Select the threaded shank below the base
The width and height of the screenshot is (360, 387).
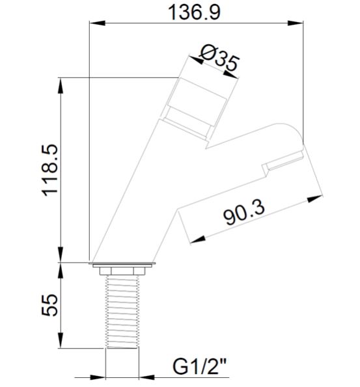click(123, 309)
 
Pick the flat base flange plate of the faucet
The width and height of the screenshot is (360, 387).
click(123, 265)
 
